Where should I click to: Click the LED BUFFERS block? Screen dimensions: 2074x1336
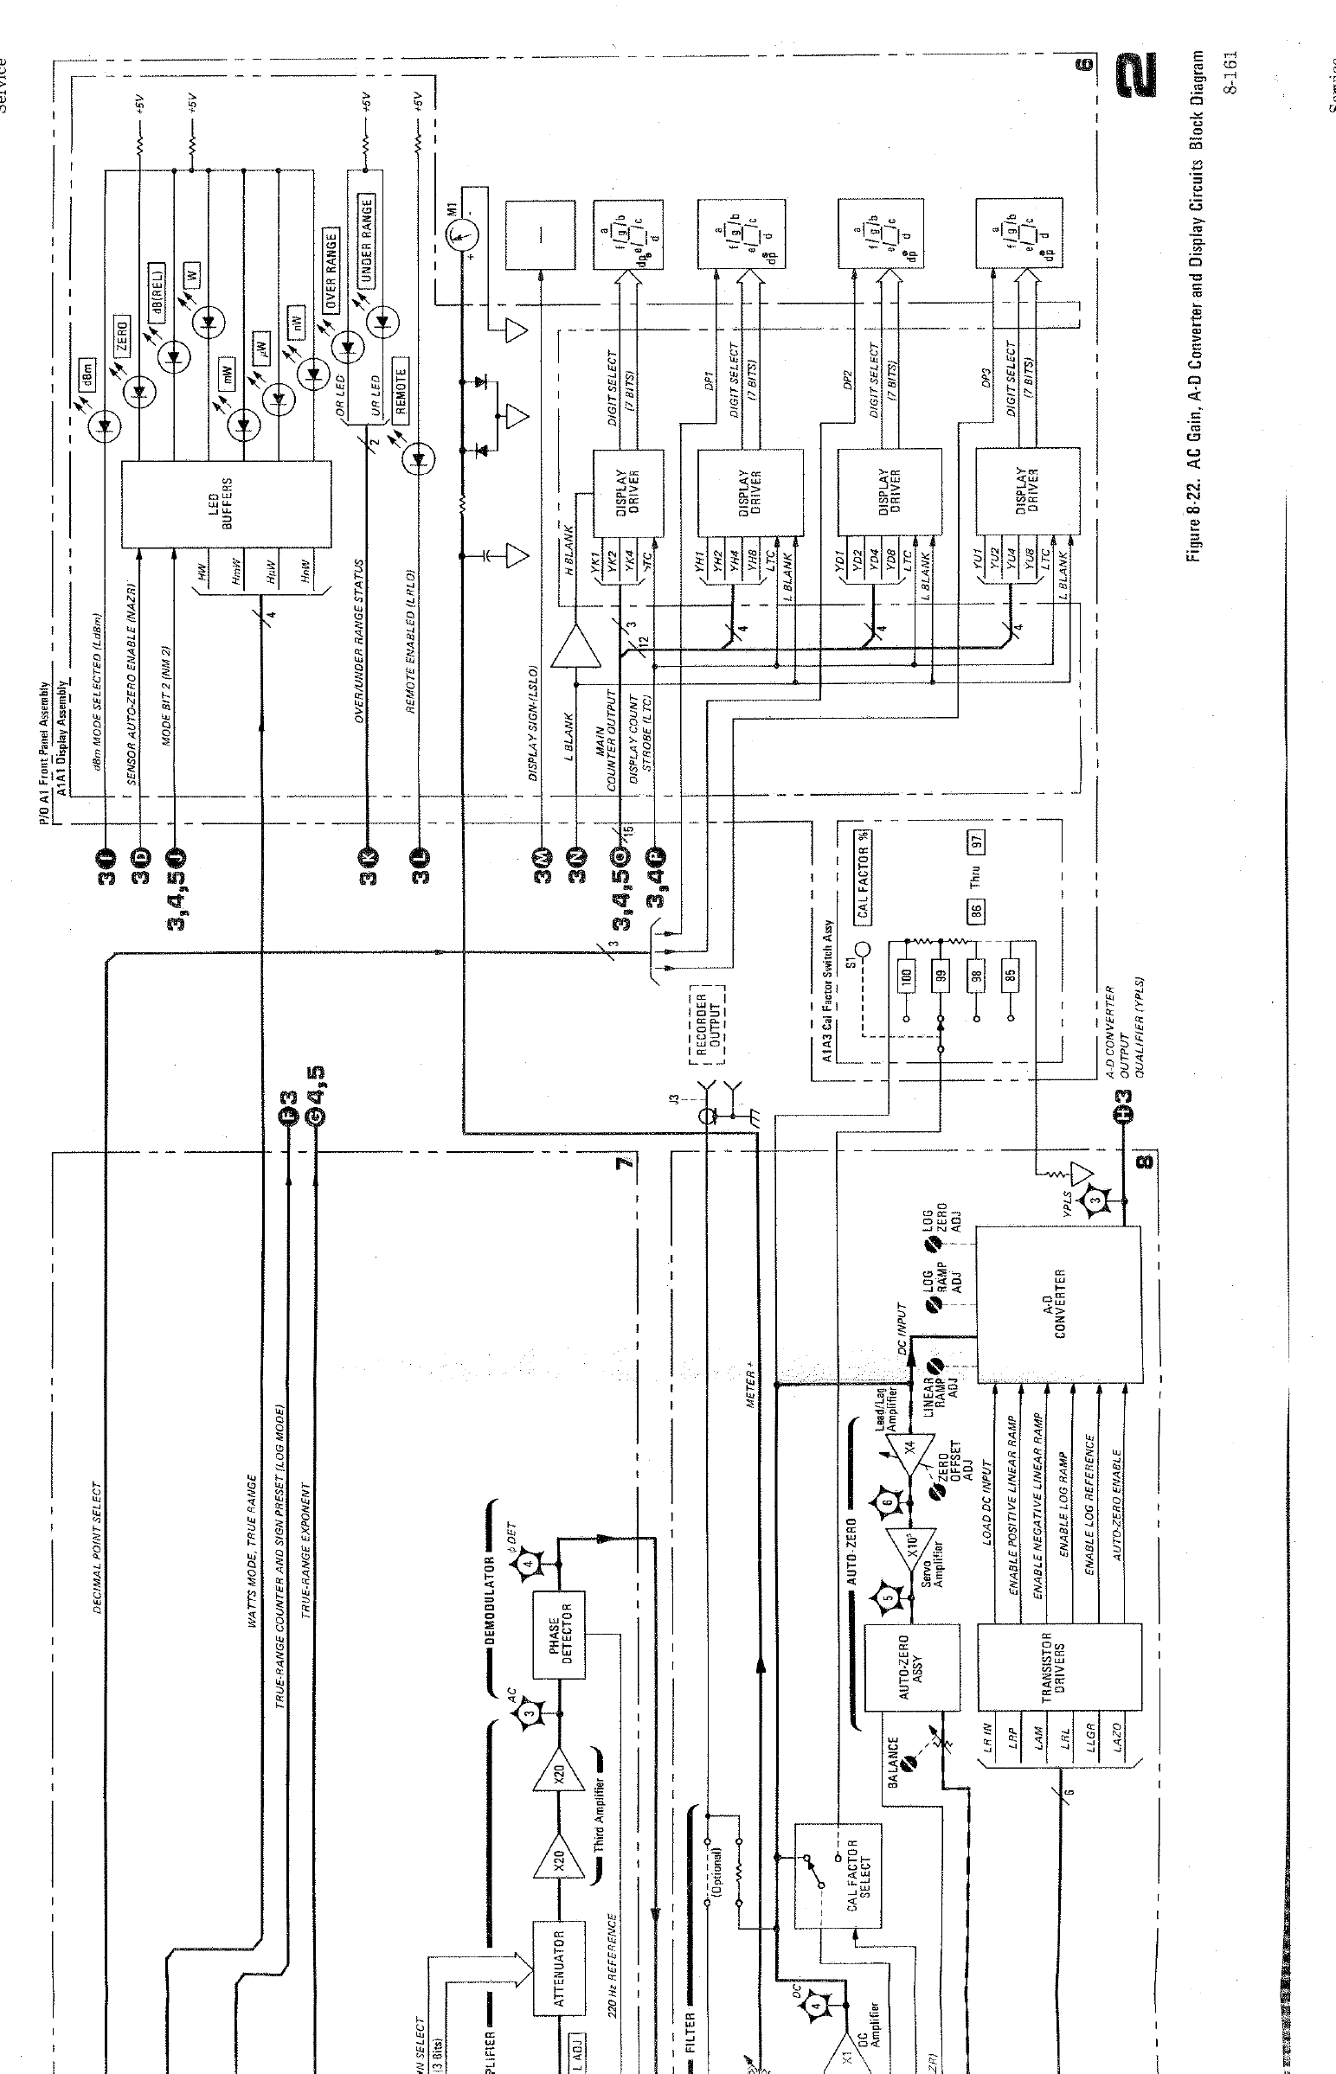tap(225, 503)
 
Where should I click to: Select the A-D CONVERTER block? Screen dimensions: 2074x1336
tap(1058, 1304)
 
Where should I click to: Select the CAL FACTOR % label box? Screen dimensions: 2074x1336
tap(864, 874)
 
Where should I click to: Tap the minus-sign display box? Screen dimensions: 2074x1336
tap(540, 235)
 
